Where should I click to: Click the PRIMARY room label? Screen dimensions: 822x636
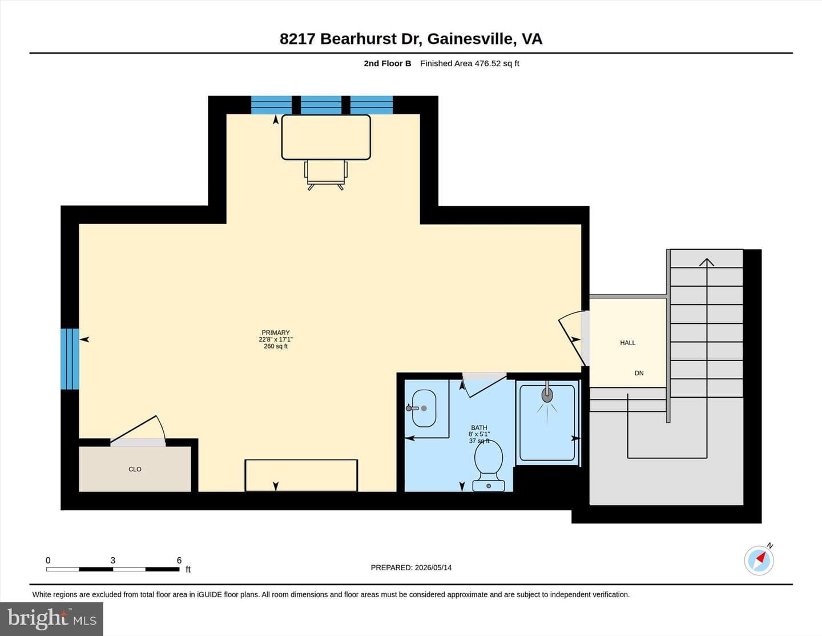[x=275, y=333]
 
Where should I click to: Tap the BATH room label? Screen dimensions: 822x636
[x=479, y=427]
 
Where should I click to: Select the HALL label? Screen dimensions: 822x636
[x=627, y=343]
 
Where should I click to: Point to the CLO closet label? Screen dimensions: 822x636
[x=135, y=469]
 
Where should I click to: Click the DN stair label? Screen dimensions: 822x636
[x=639, y=373]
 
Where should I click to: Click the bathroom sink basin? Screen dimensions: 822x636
[x=424, y=408]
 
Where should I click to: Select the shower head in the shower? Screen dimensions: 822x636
[x=547, y=394]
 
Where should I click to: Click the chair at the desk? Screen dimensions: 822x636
[x=325, y=175]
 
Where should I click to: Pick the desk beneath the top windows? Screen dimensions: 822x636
[x=326, y=137]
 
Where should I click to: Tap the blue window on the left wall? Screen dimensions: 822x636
[x=70, y=359]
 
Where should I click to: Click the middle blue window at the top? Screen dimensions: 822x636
[x=321, y=105]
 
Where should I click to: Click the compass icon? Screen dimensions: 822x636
[x=759, y=560]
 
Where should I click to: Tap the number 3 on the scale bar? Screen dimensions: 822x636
[x=112, y=560]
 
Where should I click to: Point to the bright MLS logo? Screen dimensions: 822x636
[x=51, y=619]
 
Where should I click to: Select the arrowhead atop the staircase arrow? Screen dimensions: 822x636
[x=706, y=262]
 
